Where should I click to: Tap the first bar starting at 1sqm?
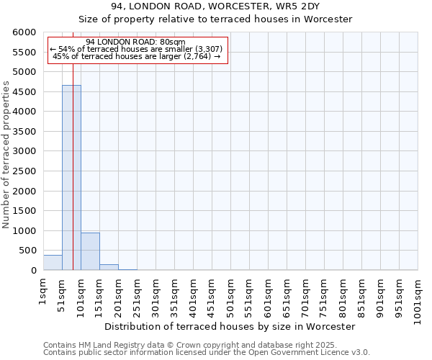tap(53, 263)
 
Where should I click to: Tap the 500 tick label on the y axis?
tap(28, 251)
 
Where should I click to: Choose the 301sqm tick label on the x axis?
tap(156, 295)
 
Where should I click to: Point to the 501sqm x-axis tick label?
tap(230, 295)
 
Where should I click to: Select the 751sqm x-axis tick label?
tap(324, 295)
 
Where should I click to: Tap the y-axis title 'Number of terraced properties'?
tap(6, 154)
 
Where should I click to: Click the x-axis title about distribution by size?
tap(230, 326)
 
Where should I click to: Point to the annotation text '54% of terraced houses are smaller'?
tap(137, 49)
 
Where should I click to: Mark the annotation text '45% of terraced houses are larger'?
tap(137, 56)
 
